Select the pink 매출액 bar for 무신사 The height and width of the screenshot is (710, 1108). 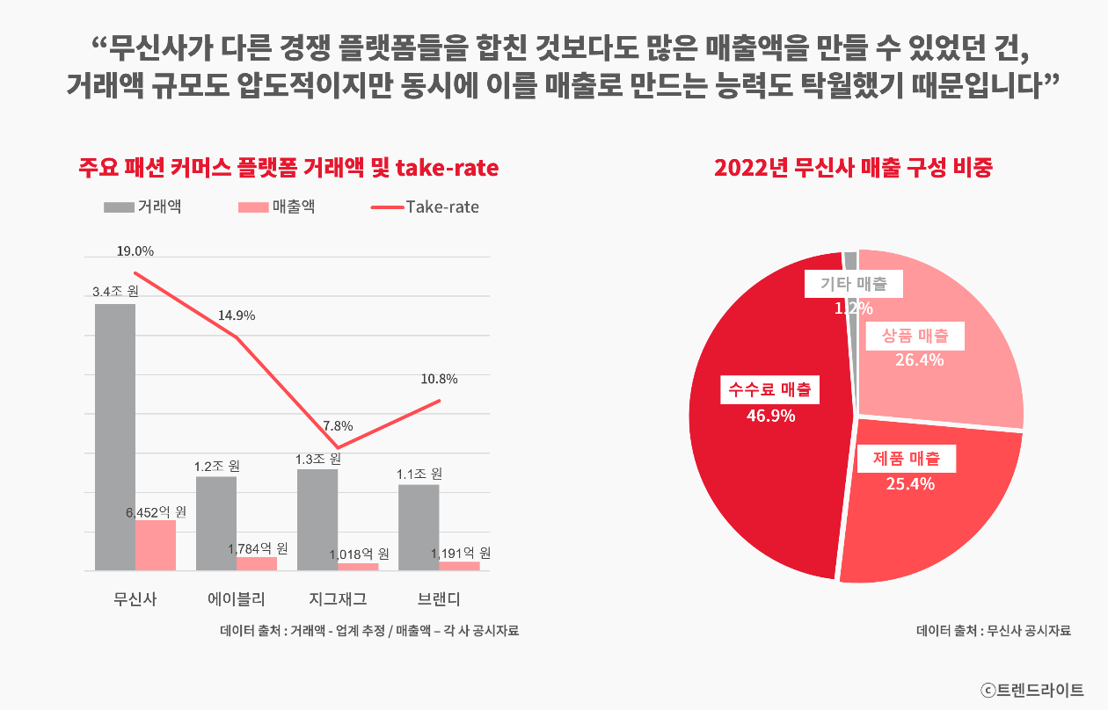[x=156, y=545]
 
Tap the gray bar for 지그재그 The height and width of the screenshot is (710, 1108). [x=317, y=519]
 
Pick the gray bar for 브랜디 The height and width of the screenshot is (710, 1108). [x=419, y=527]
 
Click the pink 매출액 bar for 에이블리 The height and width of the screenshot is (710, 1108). [x=257, y=563]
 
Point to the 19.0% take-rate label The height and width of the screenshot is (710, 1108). [x=135, y=251]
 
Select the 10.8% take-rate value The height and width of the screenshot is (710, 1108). [x=439, y=380]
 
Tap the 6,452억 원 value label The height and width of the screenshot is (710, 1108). [x=157, y=511]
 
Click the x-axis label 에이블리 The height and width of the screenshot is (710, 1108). [x=237, y=599]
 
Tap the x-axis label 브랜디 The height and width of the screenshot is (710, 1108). [x=439, y=599]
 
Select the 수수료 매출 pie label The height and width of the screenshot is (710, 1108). [x=769, y=389]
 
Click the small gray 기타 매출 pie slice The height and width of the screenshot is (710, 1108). [x=850, y=260]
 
